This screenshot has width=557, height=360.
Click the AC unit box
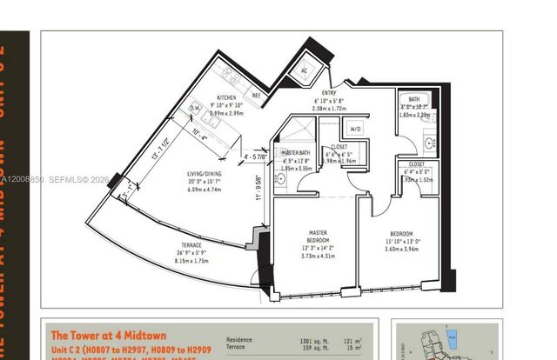click(x=304, y=70)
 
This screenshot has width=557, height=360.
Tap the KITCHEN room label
click(x=227, y=98)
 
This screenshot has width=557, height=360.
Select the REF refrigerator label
click(x=256, y=95)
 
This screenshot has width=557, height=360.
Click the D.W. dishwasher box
click(x=195, y=108)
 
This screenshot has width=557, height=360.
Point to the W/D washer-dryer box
click(x=357, y=129)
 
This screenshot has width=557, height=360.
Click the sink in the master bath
click(x=281, y=179)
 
